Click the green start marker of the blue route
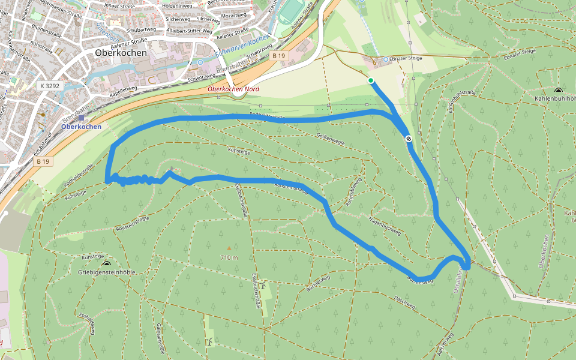[371, 80]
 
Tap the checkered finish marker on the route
[409, 139]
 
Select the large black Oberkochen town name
[121, 52]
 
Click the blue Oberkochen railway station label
[81, 127]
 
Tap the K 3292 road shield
[50, 86]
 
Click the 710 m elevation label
[229, 257]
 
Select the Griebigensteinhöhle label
[107, 272]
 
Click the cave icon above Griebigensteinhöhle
[107, 263]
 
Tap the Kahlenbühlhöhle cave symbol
[558, 90]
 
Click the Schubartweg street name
[142, 29]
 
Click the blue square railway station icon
[81, 118]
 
